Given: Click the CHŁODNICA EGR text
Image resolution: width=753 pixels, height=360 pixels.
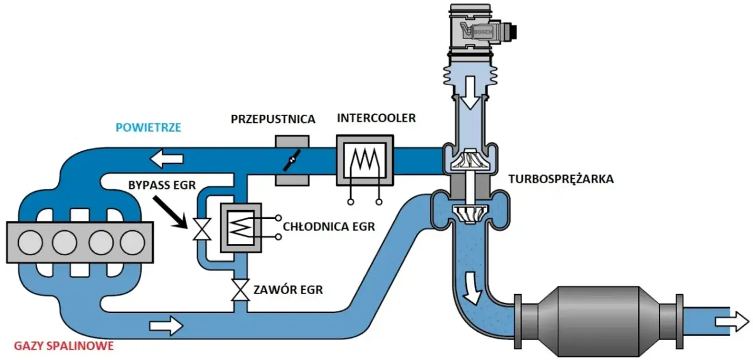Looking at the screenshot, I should [x=329, y=226].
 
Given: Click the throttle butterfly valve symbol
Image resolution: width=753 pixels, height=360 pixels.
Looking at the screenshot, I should [x=292, y=162].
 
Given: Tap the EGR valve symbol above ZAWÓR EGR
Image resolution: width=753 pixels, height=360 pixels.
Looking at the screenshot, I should [x=239, y=290].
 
